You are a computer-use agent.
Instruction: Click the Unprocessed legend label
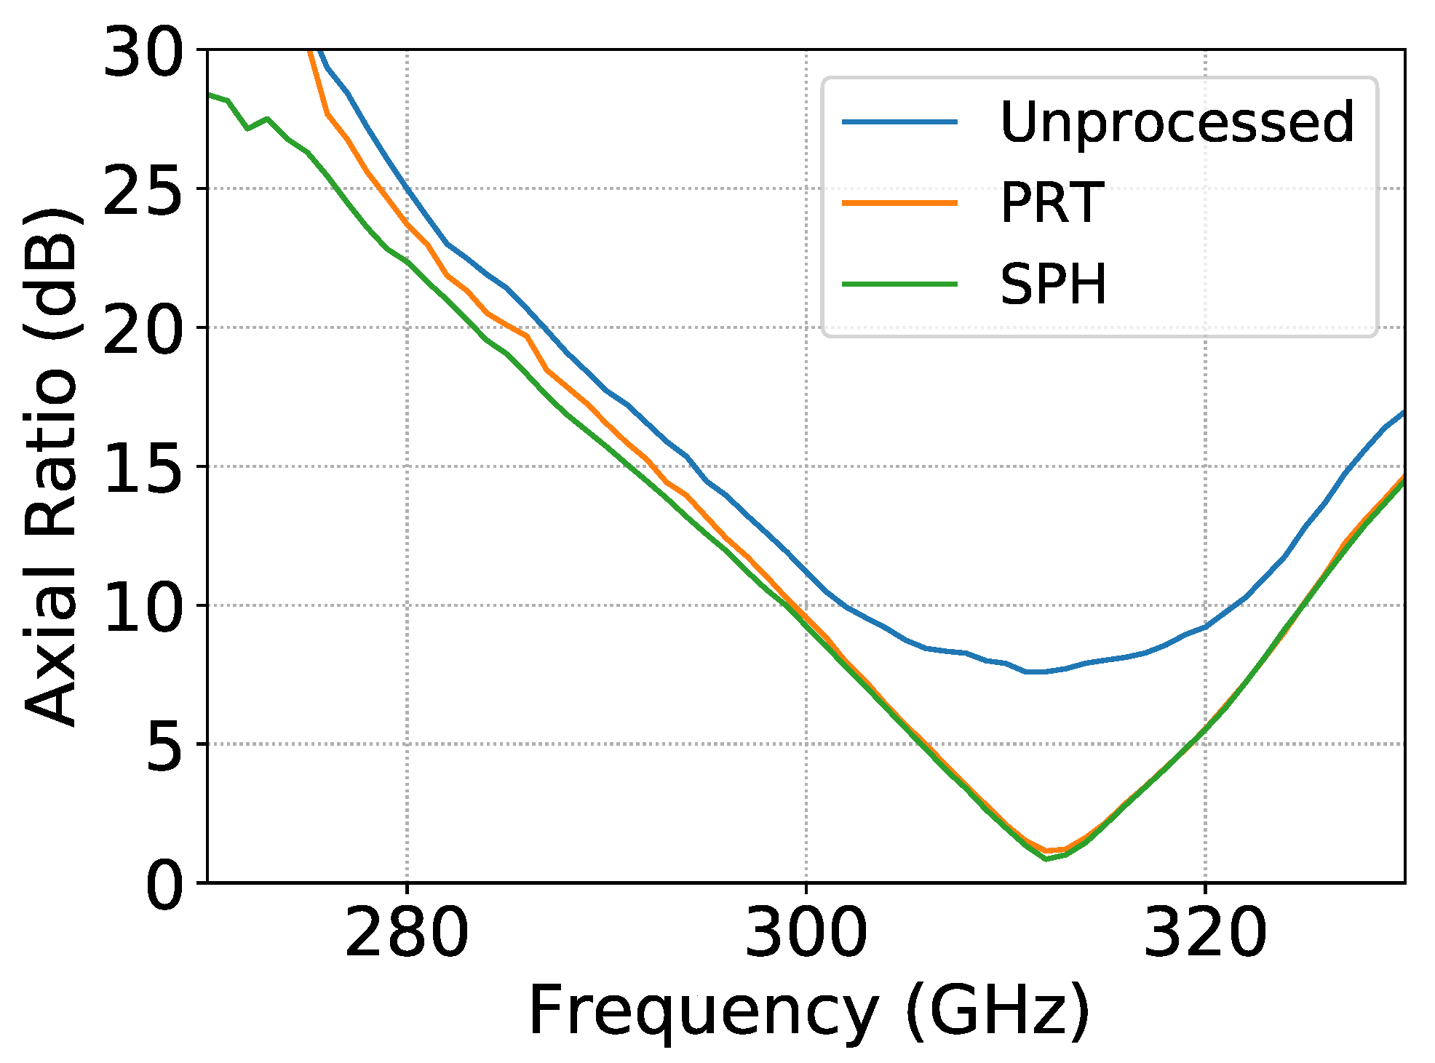tap(1177, 123)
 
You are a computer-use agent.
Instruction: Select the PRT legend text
tap(1052, 203)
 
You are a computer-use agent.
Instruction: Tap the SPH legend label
tap(1053, 284)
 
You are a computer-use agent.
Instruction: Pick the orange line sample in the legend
tap(899, 203)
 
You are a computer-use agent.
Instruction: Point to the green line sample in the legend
tap(899, 284)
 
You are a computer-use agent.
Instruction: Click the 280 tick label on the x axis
tap(406, 933)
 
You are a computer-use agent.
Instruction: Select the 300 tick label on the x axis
tap(806, 933)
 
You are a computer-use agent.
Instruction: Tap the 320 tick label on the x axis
tap(1205, 933)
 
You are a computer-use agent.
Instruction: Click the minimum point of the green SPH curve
tap(1046, 859)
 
